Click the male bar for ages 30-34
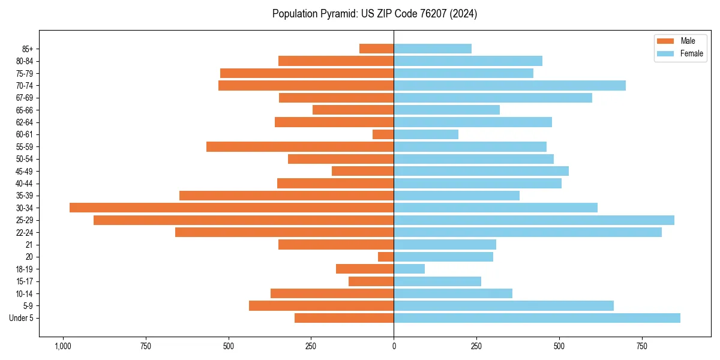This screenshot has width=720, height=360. pyautogui.click(x=232, y=208)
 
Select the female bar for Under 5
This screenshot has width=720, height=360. pyautogui.click(x=537, y=318)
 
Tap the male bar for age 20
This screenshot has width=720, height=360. pyautogui.click(x=386, y=257)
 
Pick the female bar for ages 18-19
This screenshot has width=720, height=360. pyautogui.click(x=409, y=269)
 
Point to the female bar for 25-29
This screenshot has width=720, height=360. pyautogui.click(x=534, y=220)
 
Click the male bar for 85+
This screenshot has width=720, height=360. pyautogui.click(x=376, y=49)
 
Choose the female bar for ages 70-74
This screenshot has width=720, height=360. pyautogui.click(x=509, y=85)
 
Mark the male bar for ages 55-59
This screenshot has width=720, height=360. pyautogui.click(x=300, y=146)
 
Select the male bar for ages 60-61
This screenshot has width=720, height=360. pyautogui.click(x=383, y=134)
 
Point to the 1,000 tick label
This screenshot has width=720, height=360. pyautogui.click(x=62, y=346)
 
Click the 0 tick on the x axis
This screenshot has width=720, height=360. pyautogui.click(x=394, y=346)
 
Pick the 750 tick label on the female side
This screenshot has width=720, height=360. pyautogui.click(x=642, y=346)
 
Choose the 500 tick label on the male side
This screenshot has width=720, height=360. pyautogui.click(x=228, y=346)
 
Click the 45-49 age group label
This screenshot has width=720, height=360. pyautogui.click(x=24, y=171)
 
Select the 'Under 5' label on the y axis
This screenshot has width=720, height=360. pyautogui.click(x=21, y=318)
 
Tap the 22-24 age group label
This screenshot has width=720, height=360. pyautogui.click(x=24, y=232)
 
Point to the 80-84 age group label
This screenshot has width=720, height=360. pyautogui.click(x=24, y=61)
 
